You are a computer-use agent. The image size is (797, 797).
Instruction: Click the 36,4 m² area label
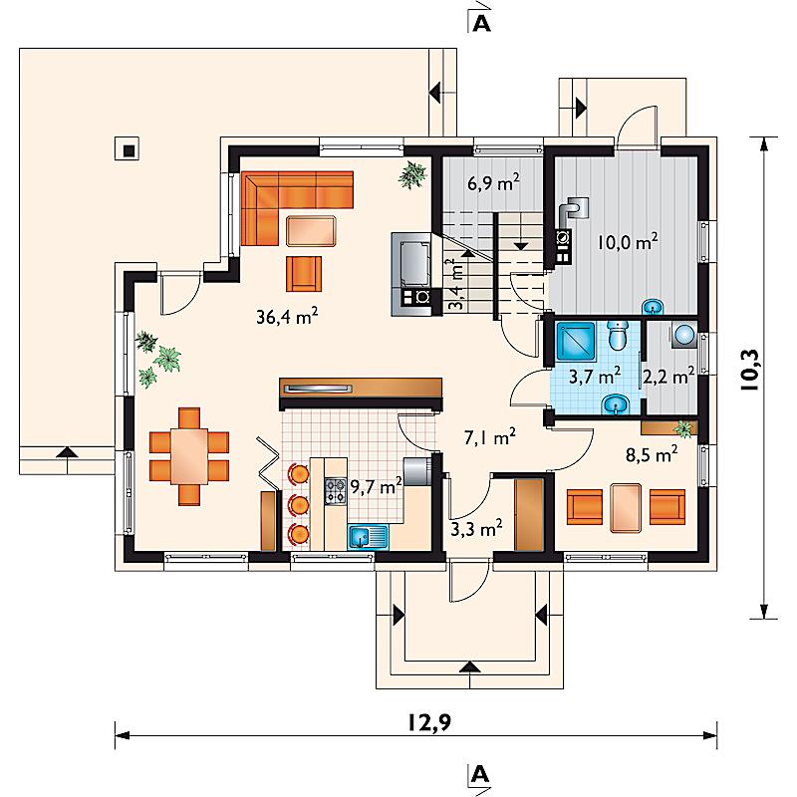point(287,316)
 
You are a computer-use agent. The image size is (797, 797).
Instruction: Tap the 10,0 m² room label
point(628,241)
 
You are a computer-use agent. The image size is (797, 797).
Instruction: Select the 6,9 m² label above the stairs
point(493,181)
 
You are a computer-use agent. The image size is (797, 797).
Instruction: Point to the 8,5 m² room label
point(652,454)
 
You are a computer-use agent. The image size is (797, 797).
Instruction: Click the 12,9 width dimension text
point(429,722)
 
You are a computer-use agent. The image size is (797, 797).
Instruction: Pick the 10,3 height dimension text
point(750,371)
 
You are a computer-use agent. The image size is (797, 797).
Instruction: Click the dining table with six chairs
point(189,456)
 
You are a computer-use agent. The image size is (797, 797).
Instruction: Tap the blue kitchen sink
point(368,537)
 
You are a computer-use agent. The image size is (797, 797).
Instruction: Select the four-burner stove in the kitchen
point(336,490)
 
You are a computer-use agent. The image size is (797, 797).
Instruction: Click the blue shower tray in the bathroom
point(576,342)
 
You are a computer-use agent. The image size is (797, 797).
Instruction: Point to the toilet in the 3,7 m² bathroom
point(618,336)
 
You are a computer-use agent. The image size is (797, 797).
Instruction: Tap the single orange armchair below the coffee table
point(304,274)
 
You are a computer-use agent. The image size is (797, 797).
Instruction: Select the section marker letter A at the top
point(481,23)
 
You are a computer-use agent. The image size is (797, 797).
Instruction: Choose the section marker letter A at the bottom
point(480,775)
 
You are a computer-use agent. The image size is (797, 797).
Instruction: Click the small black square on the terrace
point(130,150)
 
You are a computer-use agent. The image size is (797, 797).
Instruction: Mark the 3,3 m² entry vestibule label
point(477,529)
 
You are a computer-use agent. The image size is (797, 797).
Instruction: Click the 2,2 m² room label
point(668,377)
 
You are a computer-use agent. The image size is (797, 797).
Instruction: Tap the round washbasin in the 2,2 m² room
point(684,335)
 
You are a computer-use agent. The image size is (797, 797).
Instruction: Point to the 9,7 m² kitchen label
point(377,486)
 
